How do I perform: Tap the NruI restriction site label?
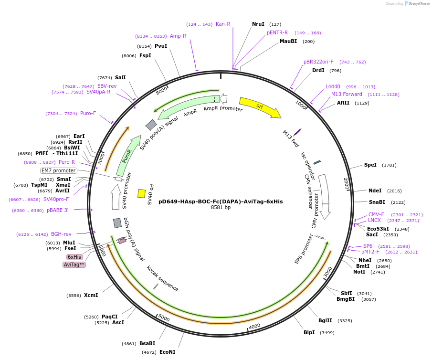[x=258, y=24]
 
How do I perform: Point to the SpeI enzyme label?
[x=370, y=165]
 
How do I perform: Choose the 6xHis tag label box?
[x=74, y=257]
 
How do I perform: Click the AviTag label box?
[x=74, y=265]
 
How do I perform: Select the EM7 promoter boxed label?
[x=59, y=170]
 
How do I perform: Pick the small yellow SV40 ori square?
[x=141, y=193]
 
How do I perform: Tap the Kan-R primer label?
[x=223, y=24]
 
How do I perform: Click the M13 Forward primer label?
[x=347, y=95]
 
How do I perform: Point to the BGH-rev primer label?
[x=61, y=234]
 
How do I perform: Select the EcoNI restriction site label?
[x=167, y=352]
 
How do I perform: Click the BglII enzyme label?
[x=325, y=321]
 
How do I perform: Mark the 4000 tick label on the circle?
[x=254, y=326]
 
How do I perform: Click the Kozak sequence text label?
[x=162, y=279]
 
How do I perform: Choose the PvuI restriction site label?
[x=161, y=46]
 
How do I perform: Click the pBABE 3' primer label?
[x=58, y=211]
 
